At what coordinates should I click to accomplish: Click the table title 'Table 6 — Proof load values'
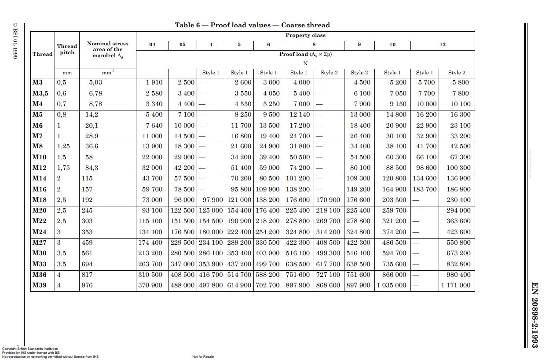coord(252,25)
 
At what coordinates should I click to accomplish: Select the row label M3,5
coord(40,93)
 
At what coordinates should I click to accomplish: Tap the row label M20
coord(40,210)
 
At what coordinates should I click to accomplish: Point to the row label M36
coord(40,275)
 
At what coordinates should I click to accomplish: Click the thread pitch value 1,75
coord(63,168)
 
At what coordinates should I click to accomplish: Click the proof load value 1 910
coord(154,82)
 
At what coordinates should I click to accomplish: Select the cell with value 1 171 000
coord(456,285)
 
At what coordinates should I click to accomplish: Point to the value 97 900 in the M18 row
coord(212,200)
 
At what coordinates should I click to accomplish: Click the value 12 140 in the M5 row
coord(300,114)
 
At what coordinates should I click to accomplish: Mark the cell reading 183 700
coord(425,189)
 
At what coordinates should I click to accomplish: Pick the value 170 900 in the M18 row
coord(328,200)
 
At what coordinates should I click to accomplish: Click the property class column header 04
coord(152,44)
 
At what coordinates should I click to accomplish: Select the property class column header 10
coord(392,44)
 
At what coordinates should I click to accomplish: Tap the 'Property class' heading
coord(305,35)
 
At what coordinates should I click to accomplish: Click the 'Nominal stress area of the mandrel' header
coord(108,49)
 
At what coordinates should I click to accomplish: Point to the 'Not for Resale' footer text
coord(203,356)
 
